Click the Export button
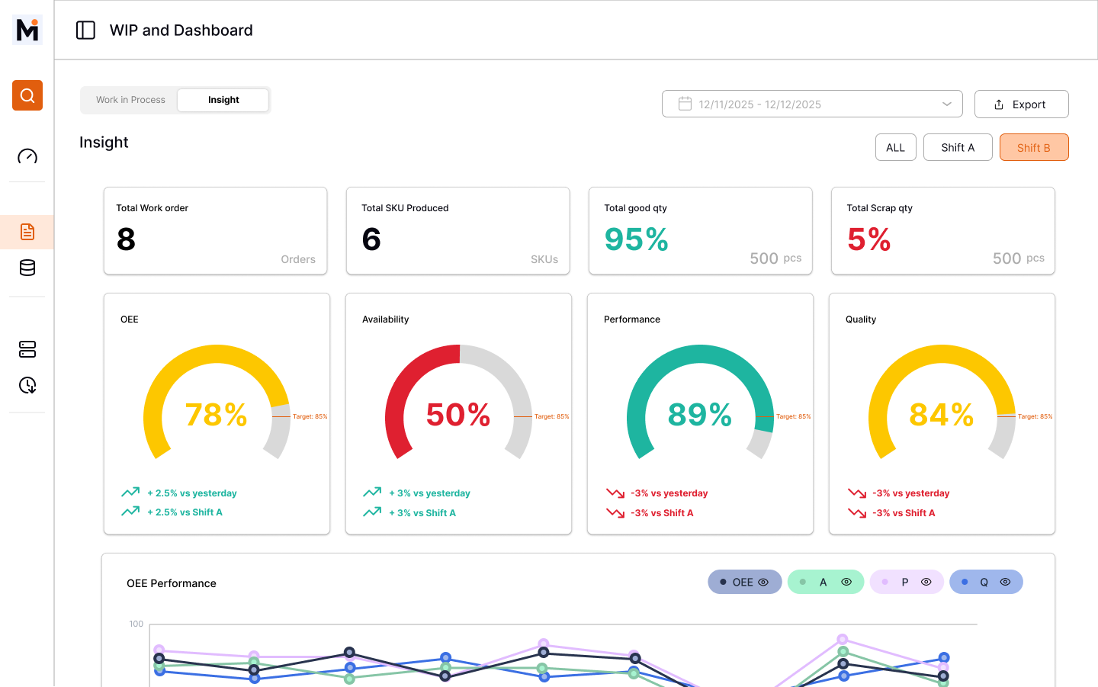[x=1021, y=104]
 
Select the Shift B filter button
[x=1033, y=148]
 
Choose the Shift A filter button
[x=957, y=148]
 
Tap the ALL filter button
[x=895, y=148]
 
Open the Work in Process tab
[x=130, y=100]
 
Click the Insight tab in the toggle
[x=223, y=100]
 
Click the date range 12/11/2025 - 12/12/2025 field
[x=811, y=104]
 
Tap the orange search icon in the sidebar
[x=27, y=95]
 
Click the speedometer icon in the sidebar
[x=27, y=156]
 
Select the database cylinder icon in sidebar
[x=27, y=268]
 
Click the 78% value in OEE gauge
[x=217, y=415]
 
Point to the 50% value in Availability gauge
[x=458, y=415]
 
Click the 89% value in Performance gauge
[x=700, y=415]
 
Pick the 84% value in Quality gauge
[x=942, y=415]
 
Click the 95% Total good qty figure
[x=636, y=239]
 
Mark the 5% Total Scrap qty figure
[x=868, y=239]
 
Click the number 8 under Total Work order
[x=127, y=239]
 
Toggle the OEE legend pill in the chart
[x=744, y=582]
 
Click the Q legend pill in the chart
[x=985, y=582]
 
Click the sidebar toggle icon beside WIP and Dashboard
[x=85, y=30]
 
